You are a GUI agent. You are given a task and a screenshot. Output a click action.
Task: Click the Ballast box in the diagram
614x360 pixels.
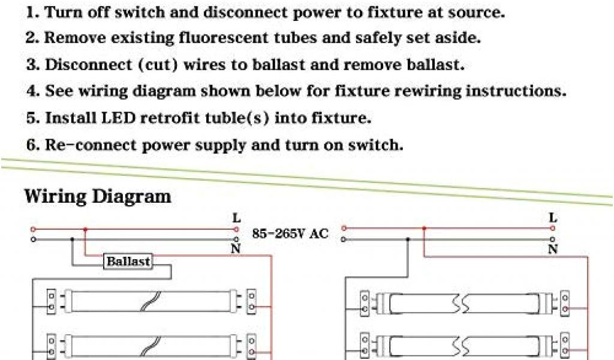(128, 262)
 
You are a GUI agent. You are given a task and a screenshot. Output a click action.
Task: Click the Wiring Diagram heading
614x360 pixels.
(98, 196)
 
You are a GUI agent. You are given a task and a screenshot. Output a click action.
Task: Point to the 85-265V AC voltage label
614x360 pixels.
(290, 234)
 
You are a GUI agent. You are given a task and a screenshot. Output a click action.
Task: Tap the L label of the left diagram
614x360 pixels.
(236, 220)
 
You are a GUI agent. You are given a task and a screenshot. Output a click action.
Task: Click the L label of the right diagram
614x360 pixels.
(553, 219)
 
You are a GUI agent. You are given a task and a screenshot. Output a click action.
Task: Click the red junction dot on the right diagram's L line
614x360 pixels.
(425, 228)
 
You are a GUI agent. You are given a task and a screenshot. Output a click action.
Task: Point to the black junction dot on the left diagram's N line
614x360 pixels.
(72, 239)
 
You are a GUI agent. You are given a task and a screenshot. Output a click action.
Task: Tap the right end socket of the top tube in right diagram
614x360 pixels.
(564, 304)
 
